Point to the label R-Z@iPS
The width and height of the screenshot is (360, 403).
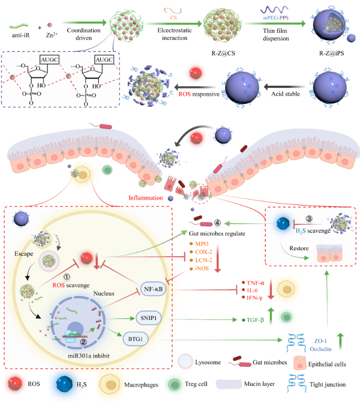tap(333, 52)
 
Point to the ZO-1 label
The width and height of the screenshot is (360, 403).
tap(311, 337)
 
